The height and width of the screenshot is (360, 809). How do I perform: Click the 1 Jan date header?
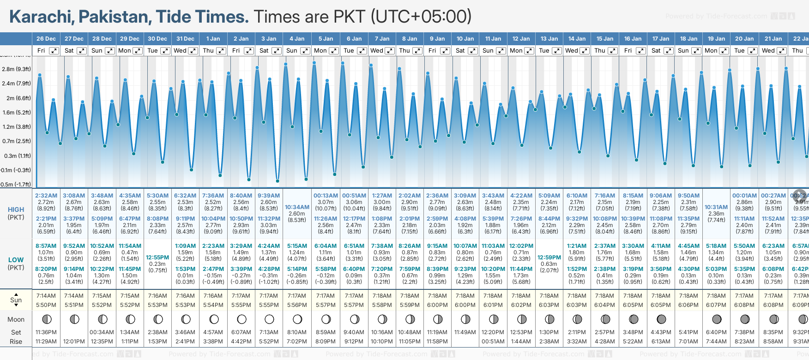click(213, 39)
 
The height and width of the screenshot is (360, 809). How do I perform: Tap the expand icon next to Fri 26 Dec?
click(54, 51)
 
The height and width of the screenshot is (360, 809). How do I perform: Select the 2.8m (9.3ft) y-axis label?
click(16, 69)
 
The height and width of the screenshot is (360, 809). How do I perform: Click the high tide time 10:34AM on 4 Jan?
click(297, 207)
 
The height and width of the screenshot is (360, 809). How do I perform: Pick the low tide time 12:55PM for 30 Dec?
click(157, 258)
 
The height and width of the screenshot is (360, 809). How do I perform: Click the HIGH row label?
click(16, 210)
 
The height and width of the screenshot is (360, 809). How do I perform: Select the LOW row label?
click(16, 260)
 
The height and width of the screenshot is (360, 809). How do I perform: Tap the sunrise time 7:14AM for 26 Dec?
click(46, 296)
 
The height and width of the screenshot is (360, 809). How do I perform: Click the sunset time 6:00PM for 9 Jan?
click(437, 305)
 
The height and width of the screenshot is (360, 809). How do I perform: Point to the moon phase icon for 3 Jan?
click(269, 319)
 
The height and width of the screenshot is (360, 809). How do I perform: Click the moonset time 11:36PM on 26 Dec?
click(46, 332)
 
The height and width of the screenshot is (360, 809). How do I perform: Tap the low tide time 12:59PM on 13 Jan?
click(549, 258)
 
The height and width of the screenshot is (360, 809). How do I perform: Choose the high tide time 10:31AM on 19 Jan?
click(717, 207)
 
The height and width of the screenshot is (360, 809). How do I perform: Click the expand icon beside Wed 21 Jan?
click(782, 51)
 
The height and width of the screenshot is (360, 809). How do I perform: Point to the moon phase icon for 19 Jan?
click(717, 319)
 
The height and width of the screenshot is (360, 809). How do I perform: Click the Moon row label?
click(16, 319)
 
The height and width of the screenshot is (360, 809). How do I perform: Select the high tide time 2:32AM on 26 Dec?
click(46, 196)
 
